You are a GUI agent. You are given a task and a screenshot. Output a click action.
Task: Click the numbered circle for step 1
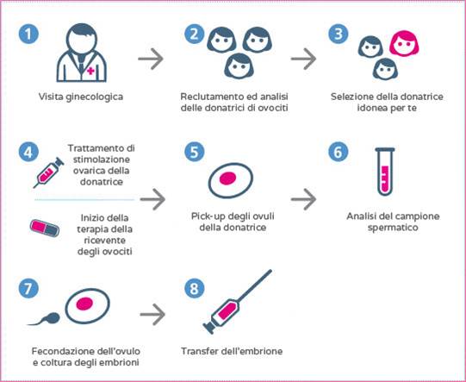28,34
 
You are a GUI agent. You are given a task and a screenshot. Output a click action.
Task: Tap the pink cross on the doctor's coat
91,71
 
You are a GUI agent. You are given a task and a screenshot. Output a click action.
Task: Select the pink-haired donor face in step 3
404,43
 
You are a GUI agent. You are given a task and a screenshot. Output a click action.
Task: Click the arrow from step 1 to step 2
151,59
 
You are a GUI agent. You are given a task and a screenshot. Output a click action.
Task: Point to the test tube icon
385,172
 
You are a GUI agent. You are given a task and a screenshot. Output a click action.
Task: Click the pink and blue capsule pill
45,228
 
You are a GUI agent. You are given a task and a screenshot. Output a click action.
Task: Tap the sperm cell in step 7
45,319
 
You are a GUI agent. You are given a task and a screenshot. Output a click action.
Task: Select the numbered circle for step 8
195,288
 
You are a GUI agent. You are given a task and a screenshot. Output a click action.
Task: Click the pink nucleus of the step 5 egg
227,178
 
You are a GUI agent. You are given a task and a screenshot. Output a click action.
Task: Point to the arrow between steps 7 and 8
152,315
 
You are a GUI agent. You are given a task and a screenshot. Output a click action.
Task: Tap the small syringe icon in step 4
48,172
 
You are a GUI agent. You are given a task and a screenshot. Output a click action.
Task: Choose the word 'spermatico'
393,229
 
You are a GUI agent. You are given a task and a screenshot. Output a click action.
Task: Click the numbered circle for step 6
339,152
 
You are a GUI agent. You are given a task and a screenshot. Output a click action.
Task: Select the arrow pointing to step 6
303,199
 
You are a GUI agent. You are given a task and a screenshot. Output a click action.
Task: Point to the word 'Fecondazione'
61,351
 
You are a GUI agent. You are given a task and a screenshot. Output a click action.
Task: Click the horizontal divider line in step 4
84,200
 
